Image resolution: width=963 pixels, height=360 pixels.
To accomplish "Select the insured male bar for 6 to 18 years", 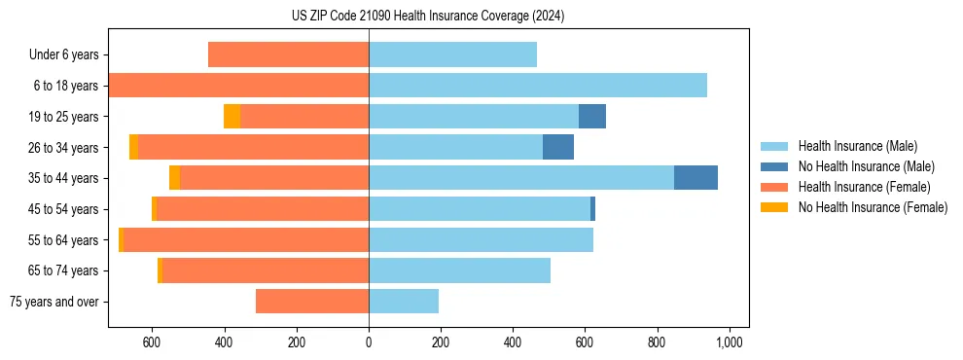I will click(x=537, y=86).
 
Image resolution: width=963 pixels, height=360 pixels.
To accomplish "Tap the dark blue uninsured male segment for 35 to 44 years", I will click(x=695, y=178).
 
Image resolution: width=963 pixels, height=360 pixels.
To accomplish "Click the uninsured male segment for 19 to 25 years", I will click(x=591, y=117).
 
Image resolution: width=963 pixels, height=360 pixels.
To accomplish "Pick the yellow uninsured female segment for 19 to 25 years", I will click(x=232, y=117).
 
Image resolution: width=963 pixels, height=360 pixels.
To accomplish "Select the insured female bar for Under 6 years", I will click(x=288, y=54).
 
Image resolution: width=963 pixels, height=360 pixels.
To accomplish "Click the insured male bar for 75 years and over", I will click(x=404, y=302).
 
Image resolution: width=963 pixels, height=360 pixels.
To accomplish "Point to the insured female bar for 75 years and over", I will click(x=311, y=302).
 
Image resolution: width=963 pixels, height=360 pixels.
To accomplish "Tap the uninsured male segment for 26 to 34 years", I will click(x=557, y=147).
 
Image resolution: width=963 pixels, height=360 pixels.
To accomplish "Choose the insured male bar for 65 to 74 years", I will click(x=459, y=270).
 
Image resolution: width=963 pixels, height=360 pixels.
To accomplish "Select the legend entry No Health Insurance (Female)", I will click(x=873, y=207).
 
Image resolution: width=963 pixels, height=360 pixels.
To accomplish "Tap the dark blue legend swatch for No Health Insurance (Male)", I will click(x=774, y=166).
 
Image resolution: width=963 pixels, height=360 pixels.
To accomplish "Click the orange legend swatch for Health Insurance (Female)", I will click(x=774, y=187).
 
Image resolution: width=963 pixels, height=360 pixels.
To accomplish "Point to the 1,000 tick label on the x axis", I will click(x=730, y=342).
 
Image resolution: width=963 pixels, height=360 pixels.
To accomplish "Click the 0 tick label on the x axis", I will click(x=369, y=342).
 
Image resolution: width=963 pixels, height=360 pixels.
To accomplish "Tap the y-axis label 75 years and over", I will click(x=53, y=302).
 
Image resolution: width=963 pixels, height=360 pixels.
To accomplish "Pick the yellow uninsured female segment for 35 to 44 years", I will click(x=174, y=178).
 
